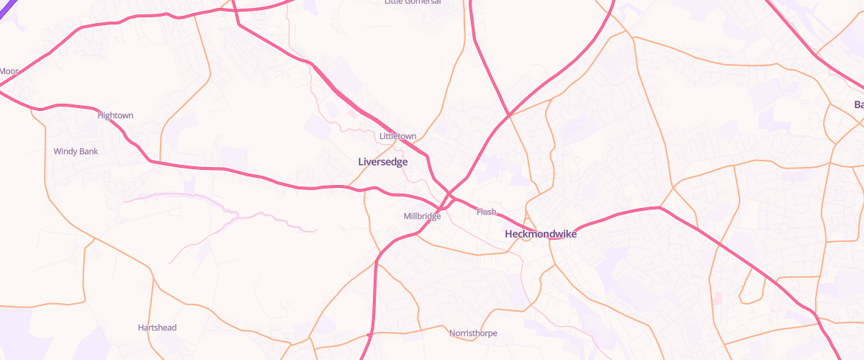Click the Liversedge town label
pos(383,162)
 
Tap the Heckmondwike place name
pos(541,234)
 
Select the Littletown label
pos(397,136)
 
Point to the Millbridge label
pos(422,216)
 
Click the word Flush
pos(486,212)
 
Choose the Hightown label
pos(115,115)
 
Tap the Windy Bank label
pos(76,151)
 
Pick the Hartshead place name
pos(157,328)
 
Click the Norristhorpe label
pos(473,333)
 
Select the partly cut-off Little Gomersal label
pos(413,2)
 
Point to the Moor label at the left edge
pos(9,71)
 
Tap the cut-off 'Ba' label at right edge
pos(858,105)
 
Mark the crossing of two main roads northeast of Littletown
pos(509,114)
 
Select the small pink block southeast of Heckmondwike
pos(717,298)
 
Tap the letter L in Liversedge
pos(361,162)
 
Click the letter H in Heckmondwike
pos(509,234)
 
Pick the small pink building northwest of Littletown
pos(351,113)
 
